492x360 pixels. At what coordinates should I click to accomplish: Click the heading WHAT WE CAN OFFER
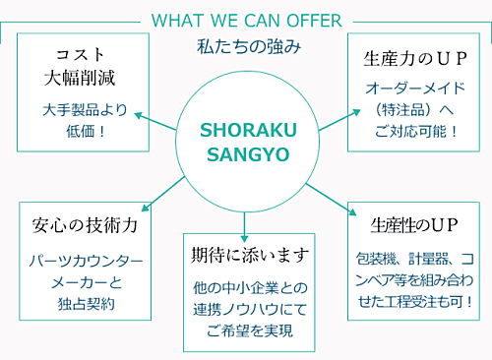click(x=246, y=20)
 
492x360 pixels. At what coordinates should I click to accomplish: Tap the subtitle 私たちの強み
click(x=245, y=45)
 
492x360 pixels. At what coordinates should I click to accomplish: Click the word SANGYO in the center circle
click(x=246, y=154)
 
